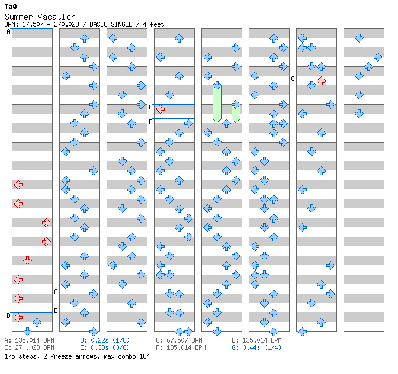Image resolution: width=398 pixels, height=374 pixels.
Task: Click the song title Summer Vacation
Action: (40, 17)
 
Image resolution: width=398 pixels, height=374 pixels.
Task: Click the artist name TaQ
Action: (11, 7)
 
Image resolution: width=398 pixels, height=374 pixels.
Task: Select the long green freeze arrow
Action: (217, 103)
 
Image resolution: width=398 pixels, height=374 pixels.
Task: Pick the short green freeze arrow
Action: (236, 112)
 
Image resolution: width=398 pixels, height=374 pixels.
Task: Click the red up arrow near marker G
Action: (321, 80)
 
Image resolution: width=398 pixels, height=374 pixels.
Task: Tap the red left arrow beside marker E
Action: (160, 108)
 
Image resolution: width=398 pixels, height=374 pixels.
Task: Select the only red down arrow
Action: (27, 260)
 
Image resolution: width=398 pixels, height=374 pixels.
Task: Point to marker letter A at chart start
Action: (9, 32)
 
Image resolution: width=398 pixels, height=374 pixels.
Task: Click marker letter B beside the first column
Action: (8, 315)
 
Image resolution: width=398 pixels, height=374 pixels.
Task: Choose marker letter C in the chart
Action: (56, 292)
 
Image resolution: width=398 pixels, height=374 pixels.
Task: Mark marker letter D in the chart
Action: (56, 310)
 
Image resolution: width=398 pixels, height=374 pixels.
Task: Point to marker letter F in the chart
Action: (150, 121)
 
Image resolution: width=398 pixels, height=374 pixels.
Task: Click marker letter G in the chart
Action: (293, 79)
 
